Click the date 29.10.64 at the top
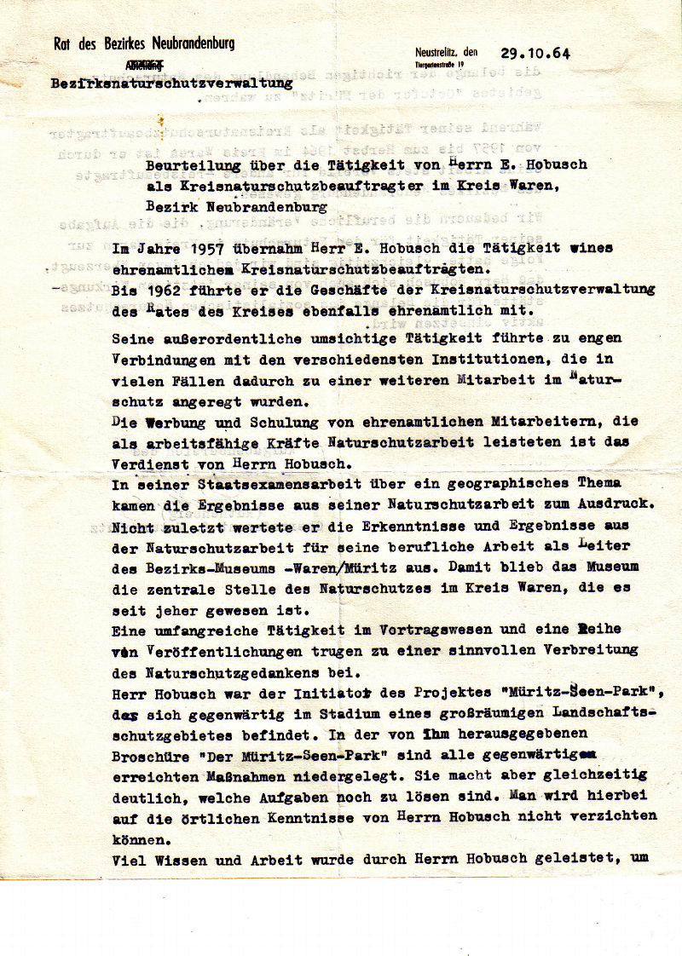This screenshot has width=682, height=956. pos(536,52)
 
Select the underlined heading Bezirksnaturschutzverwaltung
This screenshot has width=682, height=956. pos(171,84)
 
